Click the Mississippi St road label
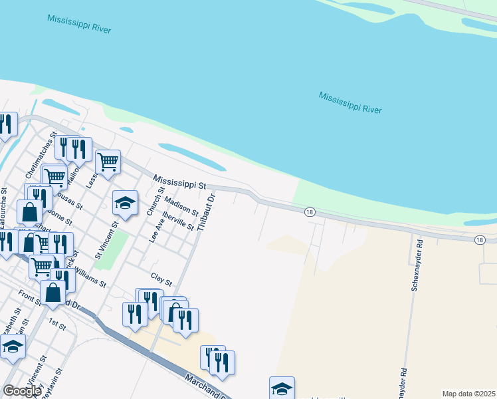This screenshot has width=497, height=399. [x=180, y=182]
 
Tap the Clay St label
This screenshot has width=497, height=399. [x=161, y=278]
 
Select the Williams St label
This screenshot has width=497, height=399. [x=90, y=275]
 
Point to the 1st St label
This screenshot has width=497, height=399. [x=57, y=325]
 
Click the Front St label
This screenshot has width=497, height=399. [x=29, y=297]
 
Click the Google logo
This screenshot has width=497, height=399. [x=21, y=391]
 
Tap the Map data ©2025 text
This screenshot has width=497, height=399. [x=469, y=394]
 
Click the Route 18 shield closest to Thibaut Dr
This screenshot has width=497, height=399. [x=310, y=212]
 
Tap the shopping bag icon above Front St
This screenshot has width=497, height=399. [x=52, y=291]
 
